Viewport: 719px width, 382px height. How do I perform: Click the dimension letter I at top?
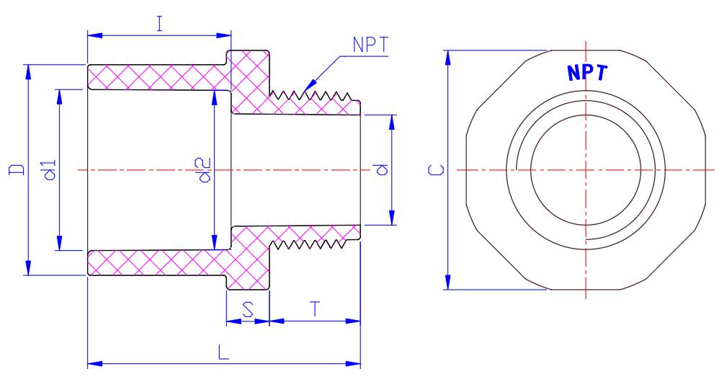coord(161,23)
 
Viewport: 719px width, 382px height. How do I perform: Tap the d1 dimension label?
coord(49,170)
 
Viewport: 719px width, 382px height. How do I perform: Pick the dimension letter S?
coord(248,309)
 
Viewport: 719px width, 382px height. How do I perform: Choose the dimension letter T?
coord(315,308)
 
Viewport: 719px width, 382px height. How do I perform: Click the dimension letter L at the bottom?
coord(223,353)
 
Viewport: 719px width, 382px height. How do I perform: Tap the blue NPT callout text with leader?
coord(371,45)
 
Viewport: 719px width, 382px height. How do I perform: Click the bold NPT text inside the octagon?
coord(586,73)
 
